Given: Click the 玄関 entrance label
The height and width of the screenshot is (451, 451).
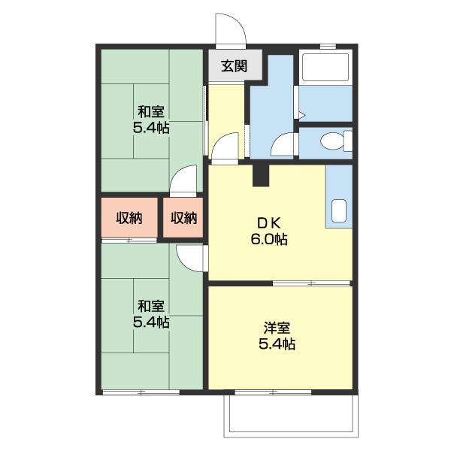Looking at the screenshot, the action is [x=234, y=66].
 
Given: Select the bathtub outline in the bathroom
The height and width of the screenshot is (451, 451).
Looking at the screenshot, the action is [x=325, y=68].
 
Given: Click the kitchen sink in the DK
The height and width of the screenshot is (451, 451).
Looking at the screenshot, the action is [x=339, y=210].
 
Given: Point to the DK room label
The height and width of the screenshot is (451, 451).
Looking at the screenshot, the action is [x=268, y=223].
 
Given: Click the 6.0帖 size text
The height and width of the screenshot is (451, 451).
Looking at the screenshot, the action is [x=268, y=239].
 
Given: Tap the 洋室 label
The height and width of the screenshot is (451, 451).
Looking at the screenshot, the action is [x=277, y=328].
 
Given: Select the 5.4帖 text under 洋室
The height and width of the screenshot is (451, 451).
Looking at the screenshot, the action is [x=277, y=344].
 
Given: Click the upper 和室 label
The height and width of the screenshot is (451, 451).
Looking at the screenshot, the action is [x=151, y=112].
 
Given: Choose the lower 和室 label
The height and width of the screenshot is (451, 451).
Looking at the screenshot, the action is [x=151, y=307].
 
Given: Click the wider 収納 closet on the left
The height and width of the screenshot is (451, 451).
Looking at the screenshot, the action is [x=129, y=218].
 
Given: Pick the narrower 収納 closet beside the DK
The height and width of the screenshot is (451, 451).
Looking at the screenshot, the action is [x=183, y=218].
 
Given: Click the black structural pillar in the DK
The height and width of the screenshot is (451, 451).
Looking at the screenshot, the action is [x=261, y=175].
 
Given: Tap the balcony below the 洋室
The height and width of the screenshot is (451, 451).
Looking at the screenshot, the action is [x=291, y=416].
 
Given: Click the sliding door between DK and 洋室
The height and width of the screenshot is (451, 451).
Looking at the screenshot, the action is [x=311, y=283].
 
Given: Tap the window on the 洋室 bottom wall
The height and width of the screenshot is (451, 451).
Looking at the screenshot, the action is [x=273, y=392].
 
